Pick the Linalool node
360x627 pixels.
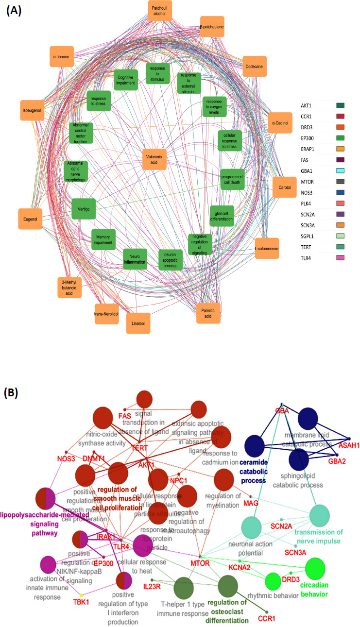(x=138, y=323)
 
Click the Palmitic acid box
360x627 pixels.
(x=208, y=313)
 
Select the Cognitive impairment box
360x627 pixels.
(x=125, y=80)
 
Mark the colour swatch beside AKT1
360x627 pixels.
(x=340, y=105)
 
